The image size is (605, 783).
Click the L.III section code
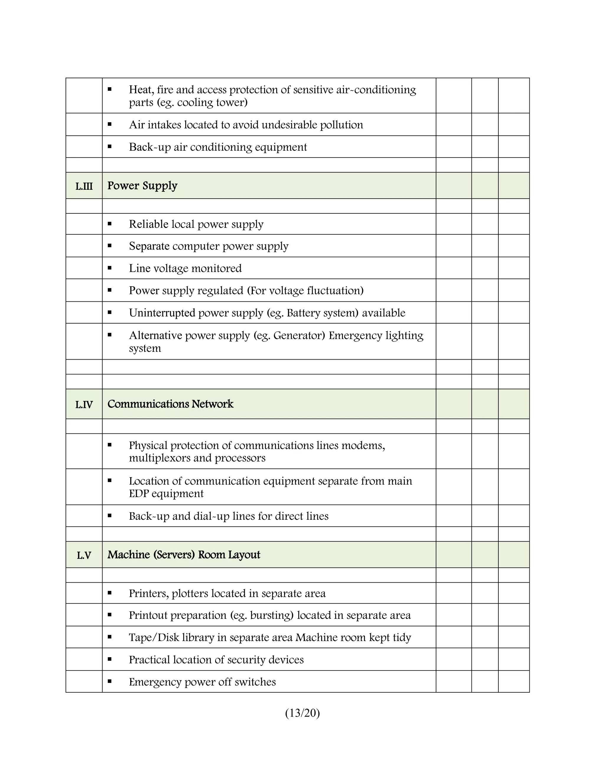coord(84,186)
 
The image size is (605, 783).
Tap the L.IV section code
coord(84,405)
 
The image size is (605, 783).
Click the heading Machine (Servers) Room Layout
coord(183,555)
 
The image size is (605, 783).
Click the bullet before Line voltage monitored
coord(110,268)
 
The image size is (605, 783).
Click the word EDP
coord(139,494)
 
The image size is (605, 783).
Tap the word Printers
coord(148,593)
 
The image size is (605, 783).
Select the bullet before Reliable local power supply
coord(110,224)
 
